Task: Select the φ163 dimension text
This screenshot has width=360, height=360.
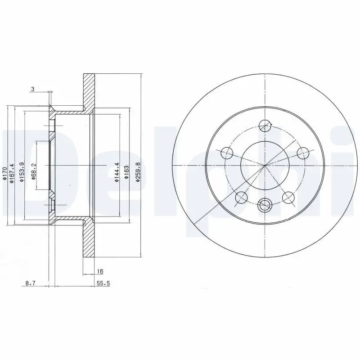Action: [127, 171]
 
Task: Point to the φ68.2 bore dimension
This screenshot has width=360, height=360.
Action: [34, 171]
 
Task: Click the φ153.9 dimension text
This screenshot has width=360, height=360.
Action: [22, 172]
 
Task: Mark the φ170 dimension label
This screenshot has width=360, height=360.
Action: [4, 174]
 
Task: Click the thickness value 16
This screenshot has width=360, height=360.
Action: [100, 271]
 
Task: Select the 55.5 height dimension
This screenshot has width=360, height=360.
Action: [103, 284]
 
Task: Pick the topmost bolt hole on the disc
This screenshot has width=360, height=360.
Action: [266, 126]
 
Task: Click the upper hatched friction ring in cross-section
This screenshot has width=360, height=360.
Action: [89, 90]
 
